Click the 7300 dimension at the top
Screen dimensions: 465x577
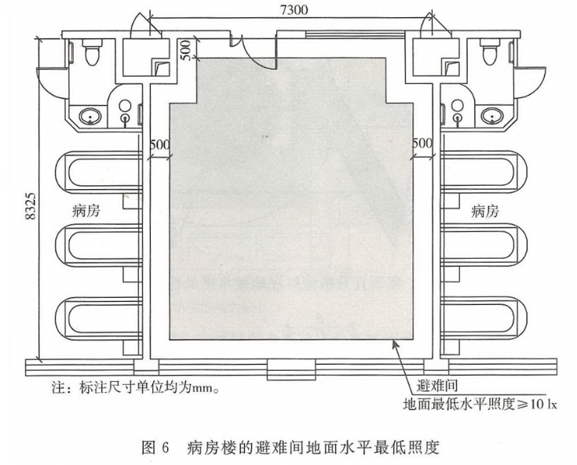pyautogui.click(x=290, y=9)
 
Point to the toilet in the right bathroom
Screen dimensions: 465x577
pyautogui.click(x=489, y=55)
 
